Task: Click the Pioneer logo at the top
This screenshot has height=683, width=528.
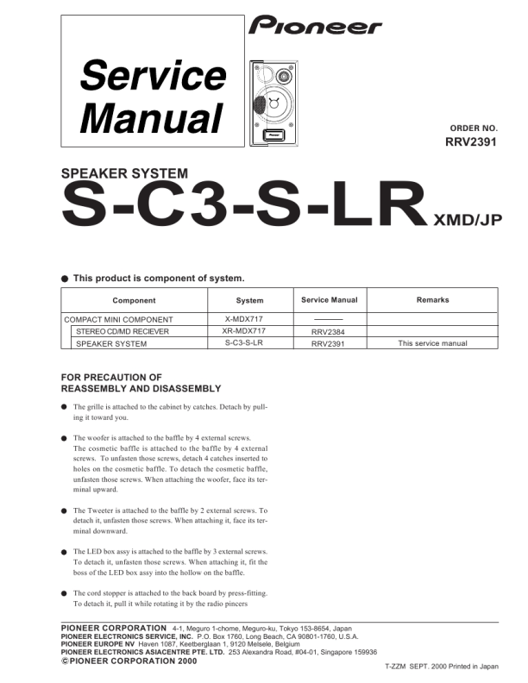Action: pos(315,27)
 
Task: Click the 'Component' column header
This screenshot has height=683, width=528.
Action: pos(134,300)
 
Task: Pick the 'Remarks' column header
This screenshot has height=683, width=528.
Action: pos(432,300)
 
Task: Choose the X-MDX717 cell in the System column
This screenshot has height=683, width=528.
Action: pos(250,319)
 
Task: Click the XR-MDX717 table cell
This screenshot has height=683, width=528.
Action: pos(250,331)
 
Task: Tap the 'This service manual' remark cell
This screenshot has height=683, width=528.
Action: pos(432,343)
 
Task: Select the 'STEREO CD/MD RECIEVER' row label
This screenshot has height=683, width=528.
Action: pos(123,331)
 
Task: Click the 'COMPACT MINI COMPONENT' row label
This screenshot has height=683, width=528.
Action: pos(118,319)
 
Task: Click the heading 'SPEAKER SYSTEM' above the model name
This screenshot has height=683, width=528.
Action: pos(124,174)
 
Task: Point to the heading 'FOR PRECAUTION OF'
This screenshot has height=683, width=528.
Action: pos(112,377)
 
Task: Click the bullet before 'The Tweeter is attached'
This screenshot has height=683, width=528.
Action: pos(64,511)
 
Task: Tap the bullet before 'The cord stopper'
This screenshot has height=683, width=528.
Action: pos(64,594)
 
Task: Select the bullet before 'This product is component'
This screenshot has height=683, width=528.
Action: pos(65,279)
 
